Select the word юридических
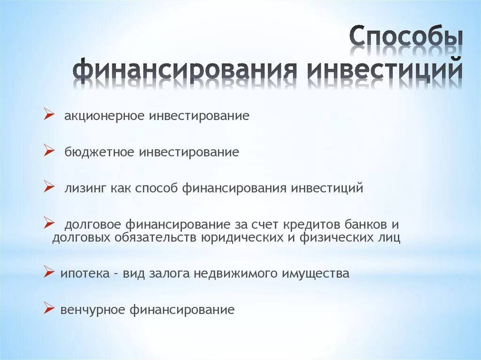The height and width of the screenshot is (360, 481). click(240, 237)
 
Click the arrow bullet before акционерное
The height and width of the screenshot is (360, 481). click(48, 114)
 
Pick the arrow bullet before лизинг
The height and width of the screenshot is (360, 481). click(48, 187)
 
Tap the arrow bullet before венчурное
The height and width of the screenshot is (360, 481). click(48, 307)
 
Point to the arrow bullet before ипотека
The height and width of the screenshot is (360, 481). click(48, 271)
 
